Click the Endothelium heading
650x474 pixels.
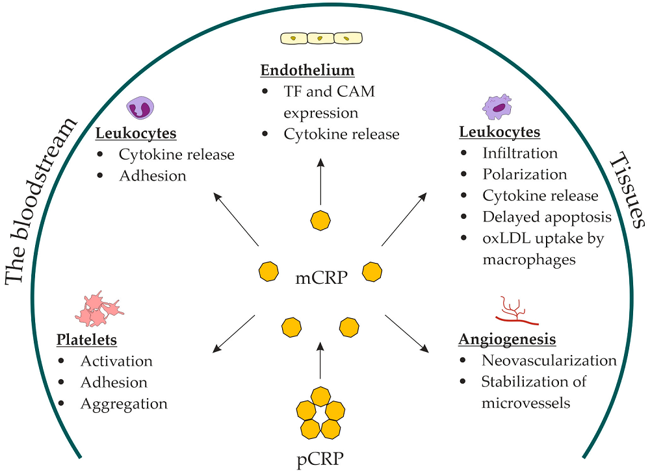(307, 70)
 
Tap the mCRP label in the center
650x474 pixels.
(321, 279)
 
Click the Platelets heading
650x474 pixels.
(86, 340)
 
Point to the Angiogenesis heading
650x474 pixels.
(508, 340)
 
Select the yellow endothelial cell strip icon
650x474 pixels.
(320, 38)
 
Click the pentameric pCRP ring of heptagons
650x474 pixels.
(320, 413)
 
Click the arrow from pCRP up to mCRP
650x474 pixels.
(320, 360)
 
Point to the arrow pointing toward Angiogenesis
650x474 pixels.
(407, 334)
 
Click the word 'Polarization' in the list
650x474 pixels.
(525, 175)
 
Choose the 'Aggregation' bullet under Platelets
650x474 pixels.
(123, 404)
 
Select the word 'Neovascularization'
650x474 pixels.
(549, 360)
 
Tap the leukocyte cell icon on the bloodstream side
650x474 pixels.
(139, 108)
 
